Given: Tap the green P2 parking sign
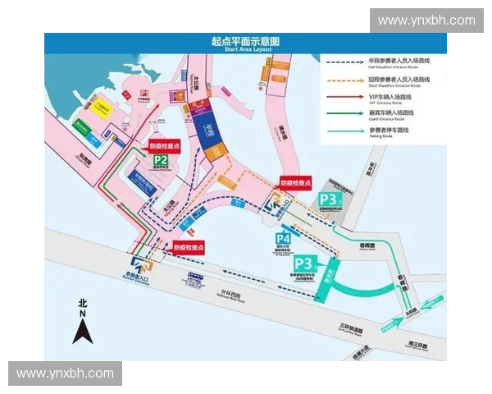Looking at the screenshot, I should pos(161,160).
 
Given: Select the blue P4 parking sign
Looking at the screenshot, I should pos(284,241).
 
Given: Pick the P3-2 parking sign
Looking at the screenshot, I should pos(304,263).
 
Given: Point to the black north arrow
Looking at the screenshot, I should pos(83,328).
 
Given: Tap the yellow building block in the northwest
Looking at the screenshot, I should pos(102,109).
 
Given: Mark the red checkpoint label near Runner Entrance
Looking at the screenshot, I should pos(188,246).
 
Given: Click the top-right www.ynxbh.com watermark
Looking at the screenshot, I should pos(426,20).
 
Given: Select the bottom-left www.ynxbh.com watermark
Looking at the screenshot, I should pos(66,373).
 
